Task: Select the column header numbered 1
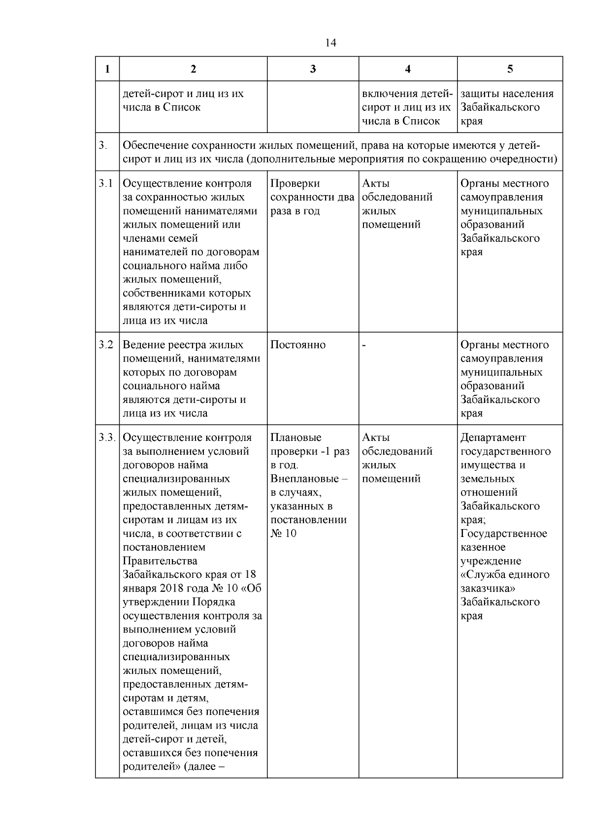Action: click(107, 69)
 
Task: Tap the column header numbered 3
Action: click(313, 69)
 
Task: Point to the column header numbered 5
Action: click(510, 69)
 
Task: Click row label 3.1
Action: click(105, 184)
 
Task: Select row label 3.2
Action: click(105, 345)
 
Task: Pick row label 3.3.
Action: click(106, 437)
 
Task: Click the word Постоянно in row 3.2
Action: click(298, 345)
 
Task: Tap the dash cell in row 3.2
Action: click(364, 345)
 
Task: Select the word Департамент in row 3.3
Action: click(493, 437)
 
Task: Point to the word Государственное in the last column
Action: click(503, 534)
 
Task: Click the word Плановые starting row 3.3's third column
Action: click(296, 437)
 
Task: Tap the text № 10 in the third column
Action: click(284, 534)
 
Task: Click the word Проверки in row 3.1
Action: click(295, 184)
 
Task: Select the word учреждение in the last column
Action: click(491, 561)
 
